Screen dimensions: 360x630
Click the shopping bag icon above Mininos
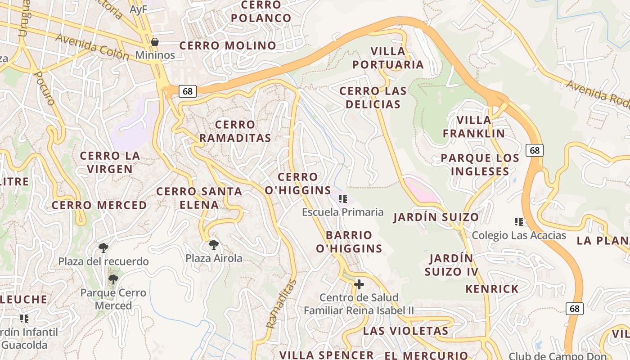[155, 42]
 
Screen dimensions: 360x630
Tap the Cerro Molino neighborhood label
[228, 45]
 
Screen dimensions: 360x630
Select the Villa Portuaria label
[388, 58]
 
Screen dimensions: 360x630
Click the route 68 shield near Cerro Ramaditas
[187, 91]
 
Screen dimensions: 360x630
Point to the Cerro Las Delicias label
[373, 98]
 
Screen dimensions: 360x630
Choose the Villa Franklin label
[474, 127]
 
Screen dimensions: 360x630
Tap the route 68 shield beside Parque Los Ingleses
[534, 150]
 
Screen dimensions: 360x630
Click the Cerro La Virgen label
[110, 162]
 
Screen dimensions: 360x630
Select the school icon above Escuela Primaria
[343, 198]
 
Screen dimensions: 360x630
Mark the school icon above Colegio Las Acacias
[519, 221]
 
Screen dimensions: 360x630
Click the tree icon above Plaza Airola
[214, 245]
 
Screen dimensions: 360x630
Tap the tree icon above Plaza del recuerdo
[103, 248]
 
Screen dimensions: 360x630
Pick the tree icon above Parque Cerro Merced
[113, 279]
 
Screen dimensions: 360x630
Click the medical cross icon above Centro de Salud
[359, 284]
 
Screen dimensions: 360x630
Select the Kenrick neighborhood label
[492, 288]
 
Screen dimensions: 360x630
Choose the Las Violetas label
[405, 331]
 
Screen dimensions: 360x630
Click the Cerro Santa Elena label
[199, 198]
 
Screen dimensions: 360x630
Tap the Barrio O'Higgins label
[349, 242]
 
